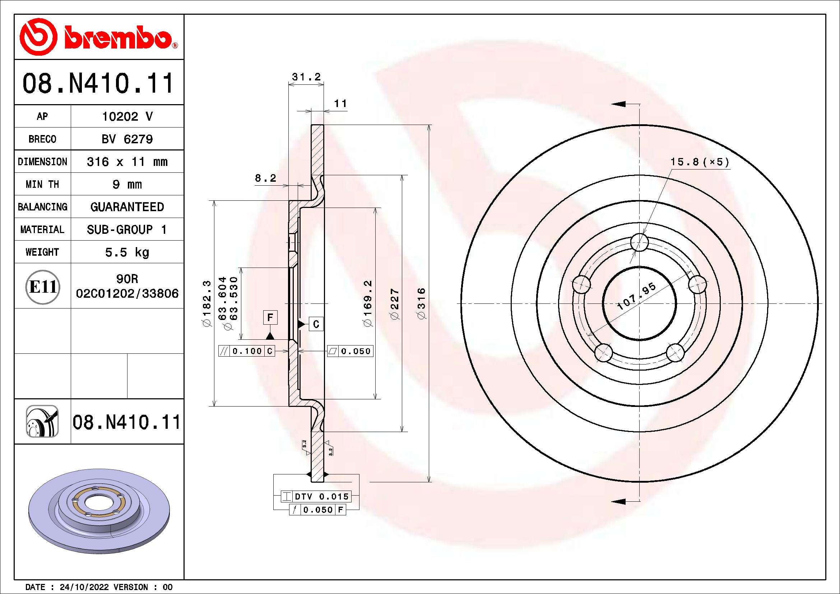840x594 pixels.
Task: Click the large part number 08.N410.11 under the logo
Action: click(98, 83)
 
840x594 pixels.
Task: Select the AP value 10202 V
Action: click(127, 117)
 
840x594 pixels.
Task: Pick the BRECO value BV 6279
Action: click(127, 139)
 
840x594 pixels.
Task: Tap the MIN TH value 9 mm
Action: click(127, 184)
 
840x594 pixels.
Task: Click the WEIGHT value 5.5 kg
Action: click(127, 252)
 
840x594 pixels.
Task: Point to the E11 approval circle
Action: click(42, 287)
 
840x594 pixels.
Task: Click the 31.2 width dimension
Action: click(306, 77)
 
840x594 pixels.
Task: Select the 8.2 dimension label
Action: click(265, 178)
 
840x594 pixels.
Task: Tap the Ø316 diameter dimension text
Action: click(422, 303)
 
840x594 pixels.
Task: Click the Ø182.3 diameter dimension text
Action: click(207, 303)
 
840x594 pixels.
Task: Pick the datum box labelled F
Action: click(270, 317)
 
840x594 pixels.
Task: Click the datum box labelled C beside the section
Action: click(316, 324)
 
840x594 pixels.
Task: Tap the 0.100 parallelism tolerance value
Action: click(247, 351)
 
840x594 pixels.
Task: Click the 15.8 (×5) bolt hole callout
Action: click(699, 162)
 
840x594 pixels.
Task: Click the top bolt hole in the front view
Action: click(640, 242)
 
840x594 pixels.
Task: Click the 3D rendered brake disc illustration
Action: click(99, 511)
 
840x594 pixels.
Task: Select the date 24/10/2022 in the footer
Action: click(84, 587)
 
